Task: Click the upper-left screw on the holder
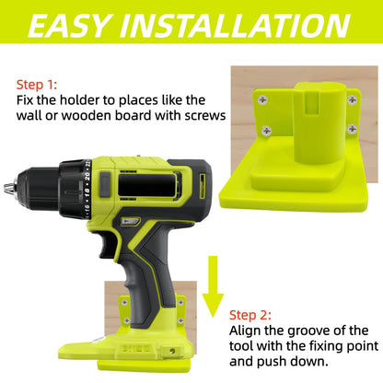pyautogui.click(x=265, y=99)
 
